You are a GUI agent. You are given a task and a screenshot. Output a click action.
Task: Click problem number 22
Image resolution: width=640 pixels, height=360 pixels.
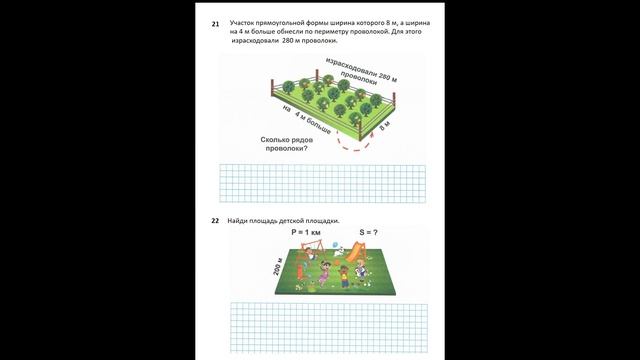[215, 220]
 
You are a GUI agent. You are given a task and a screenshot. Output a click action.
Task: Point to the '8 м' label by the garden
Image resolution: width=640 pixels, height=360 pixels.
[384, 127]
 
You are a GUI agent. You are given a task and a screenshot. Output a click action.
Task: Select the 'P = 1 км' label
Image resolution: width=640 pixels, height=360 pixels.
[306, 232]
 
